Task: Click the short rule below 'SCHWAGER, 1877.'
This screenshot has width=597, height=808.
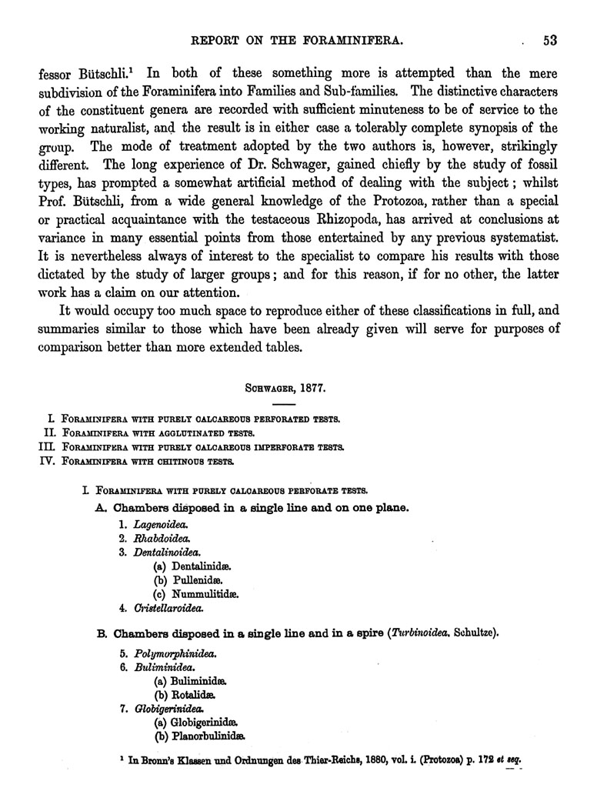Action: (x=284, y=404)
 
